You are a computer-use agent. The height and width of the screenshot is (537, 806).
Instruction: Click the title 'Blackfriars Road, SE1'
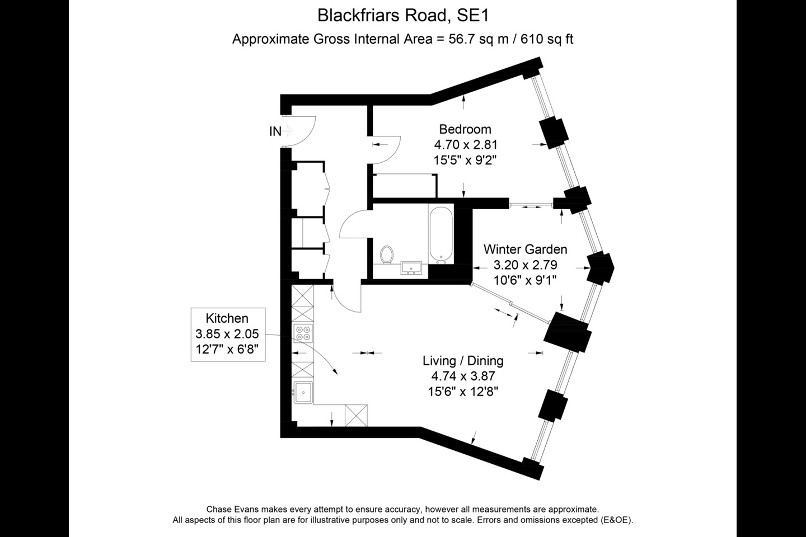coord(403,16)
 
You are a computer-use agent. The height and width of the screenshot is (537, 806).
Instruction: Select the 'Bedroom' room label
coord(465,129)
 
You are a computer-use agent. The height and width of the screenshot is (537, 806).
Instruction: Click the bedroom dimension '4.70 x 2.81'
coord(465,145)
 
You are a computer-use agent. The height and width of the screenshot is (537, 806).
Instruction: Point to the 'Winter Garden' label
coord(525,249)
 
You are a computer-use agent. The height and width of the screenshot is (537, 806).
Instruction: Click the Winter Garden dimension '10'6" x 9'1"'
coord(525,280)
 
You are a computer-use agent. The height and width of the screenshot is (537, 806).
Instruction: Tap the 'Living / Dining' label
coord(463,361)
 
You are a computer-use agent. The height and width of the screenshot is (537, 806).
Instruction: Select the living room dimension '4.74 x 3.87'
coord(463,376)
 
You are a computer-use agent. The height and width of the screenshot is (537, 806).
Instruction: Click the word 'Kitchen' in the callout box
coord(227,318)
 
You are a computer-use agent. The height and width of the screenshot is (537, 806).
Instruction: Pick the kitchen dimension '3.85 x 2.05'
coord(227,334)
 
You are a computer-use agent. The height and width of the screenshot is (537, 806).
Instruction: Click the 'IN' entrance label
coord(275,131)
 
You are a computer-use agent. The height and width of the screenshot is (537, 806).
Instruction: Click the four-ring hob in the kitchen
coord(303,333)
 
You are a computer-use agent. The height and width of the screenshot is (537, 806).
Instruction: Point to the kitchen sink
coord(303,392)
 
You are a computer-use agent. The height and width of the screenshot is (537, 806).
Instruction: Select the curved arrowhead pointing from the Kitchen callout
coord(335,373)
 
